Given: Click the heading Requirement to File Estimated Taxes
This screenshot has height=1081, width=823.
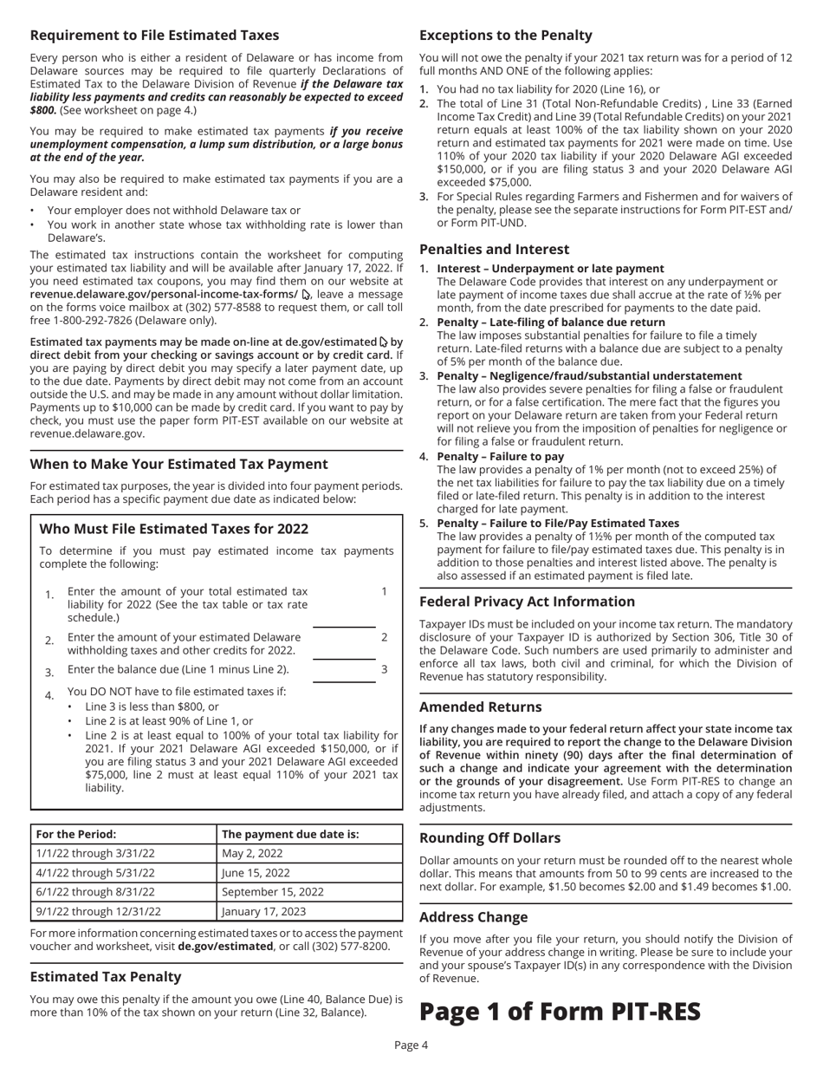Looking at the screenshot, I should tap(154, 36).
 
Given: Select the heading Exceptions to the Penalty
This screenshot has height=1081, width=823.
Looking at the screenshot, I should tap(506, 36).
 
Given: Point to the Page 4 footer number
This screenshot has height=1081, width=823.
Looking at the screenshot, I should tap(411, 1068).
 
